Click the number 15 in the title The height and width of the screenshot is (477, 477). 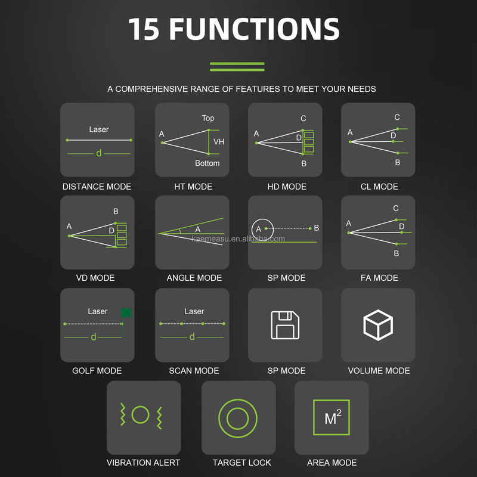coord(144,29)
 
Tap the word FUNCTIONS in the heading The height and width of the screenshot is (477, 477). coord(254,29)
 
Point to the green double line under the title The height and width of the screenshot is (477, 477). coord(237,67)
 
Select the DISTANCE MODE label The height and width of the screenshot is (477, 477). coord(97,187)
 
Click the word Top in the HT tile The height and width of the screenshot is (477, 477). coord(208,118)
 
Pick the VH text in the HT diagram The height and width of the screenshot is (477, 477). coord(219,142)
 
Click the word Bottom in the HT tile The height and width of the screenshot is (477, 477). coord(207,163)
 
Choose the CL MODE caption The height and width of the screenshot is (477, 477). coord(379,187)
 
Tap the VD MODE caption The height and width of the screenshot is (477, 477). coord(95,278)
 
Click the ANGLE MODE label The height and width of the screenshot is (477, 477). coord(194,278)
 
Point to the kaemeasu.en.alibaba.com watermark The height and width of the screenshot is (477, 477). coord(238,239)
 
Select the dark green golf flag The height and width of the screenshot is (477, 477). coord(126,312)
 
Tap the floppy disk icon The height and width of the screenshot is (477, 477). coord(285,325)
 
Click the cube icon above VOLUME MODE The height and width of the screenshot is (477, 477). coord(378,325)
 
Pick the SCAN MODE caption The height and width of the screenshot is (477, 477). coord(194,370)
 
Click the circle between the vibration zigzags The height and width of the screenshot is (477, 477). coord(140,414)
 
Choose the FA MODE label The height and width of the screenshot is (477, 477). coord(379,278)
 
